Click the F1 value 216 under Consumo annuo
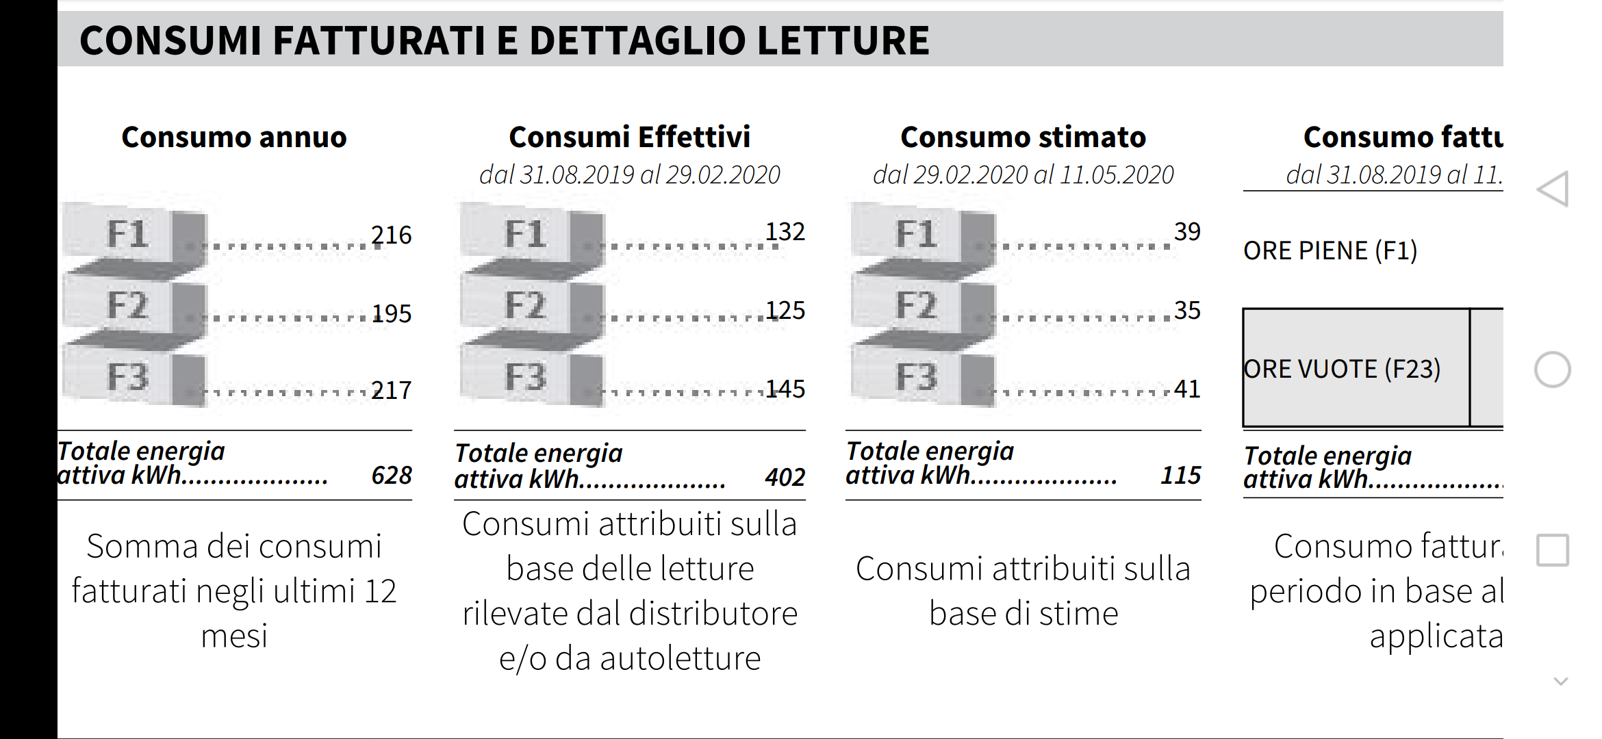point(391,235)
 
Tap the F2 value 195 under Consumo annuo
point(391,314)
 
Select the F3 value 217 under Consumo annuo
point(391,391)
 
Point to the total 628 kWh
point(392,476)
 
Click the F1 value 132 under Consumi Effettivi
point(785,232)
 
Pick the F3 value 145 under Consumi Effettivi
point(785,389)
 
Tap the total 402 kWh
point(785,478)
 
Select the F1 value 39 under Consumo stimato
point(1187,232)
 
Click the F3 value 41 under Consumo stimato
point(1187,389)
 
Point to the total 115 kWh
point(1180,476)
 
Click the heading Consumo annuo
point(234,138)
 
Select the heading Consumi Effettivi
point(629,138)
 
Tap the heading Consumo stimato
point(1023,138)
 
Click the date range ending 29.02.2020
point(629,175)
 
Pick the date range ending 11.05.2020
point(1023,175)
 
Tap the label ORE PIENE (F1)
point(1330,251)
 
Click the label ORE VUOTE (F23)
point(1342,369)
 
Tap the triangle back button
point(1553,189)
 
